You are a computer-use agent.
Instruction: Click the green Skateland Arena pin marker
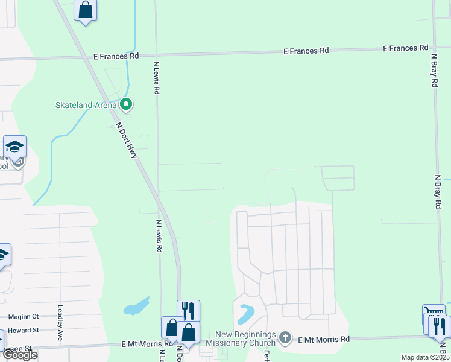click(x=126, y=105)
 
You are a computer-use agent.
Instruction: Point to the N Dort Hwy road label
click(x=127, y=141)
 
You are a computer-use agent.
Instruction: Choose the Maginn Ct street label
click(x=24, y=316)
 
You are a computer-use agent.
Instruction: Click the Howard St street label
click(x=24, y=330)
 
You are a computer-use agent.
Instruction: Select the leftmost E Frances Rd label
click(x=116, y=56)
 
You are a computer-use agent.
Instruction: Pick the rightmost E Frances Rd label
click(x=406, y=48)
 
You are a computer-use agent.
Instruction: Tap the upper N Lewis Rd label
click(x=156, y=77)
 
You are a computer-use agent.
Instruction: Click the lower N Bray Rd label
click(x=438, y=192)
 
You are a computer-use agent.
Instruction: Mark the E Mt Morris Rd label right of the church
click(x=324, y=340)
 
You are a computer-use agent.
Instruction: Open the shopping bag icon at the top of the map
click(x=86, y=10)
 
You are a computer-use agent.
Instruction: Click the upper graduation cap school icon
click(x=14, y=147)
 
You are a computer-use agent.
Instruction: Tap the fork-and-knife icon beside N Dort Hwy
click(x=188, y=311)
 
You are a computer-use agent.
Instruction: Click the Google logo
click(x=19, y=355)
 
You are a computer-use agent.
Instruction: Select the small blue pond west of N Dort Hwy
click(x=137, y=307)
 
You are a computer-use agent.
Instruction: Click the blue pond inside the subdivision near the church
click(x=247, y=314)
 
